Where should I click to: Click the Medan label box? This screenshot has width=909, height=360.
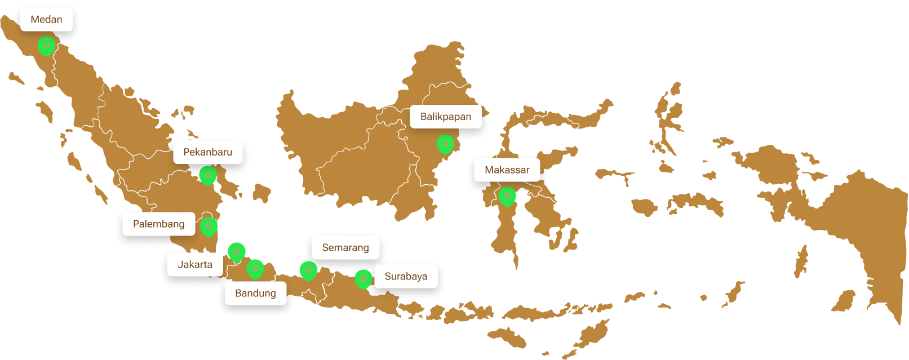(46, 20)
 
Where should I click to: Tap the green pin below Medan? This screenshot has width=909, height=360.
(46, 46)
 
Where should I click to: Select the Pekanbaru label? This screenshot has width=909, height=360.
(207, 152)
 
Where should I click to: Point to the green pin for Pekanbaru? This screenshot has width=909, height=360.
(208, 175)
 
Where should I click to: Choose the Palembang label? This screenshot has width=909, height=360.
(158, 224)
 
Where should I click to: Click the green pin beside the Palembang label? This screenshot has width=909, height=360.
(209, 226)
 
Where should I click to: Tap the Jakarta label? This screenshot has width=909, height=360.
(195, 265)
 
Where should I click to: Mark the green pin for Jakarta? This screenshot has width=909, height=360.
(237, 251)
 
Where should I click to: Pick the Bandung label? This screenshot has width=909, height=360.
(255, 294)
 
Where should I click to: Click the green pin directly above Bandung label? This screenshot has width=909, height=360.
(255, 269)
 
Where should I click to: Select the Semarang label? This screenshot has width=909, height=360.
(345, 248)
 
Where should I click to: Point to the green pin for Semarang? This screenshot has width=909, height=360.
(308, 270)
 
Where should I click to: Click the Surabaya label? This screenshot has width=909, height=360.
(406, 277)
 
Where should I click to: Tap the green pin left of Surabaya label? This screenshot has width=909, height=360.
(363, 279)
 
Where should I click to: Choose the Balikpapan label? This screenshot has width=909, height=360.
(445, 117)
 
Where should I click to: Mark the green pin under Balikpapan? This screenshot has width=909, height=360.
(445, 144)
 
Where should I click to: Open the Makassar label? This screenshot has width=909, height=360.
(507, 170)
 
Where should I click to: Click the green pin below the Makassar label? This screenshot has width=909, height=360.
(507, 196)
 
